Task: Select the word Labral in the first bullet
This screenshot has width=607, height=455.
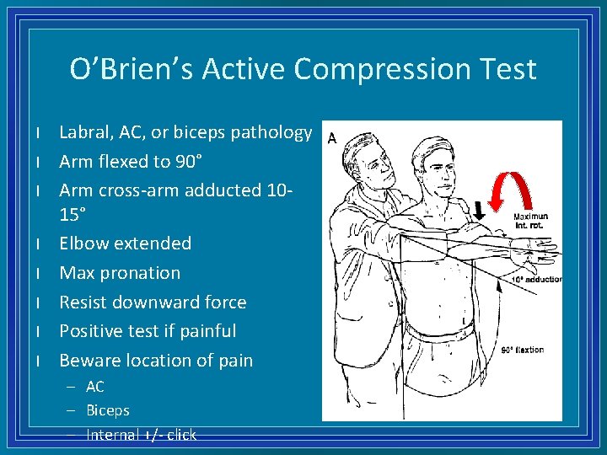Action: [x=86, y=132]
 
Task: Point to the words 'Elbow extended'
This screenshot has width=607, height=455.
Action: [x=125, y=244]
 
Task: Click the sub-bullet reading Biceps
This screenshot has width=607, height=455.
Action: [x=108, y=410]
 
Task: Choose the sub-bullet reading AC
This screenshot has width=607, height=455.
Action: [x=95, y=387]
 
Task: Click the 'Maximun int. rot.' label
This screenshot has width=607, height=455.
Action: [x=530, y=221]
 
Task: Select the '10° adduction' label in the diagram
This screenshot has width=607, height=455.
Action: [x=538, y=279]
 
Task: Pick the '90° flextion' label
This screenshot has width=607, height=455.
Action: [x=523, y=350]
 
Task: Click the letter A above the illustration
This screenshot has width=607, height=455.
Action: [x=331, y=139]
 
